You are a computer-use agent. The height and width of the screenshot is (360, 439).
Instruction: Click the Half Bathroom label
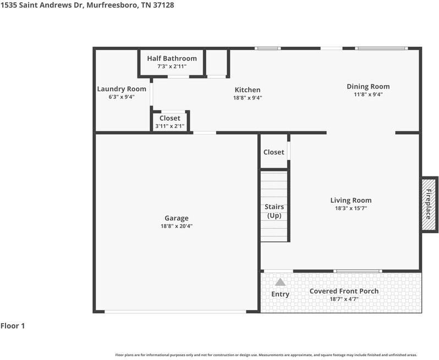pos(172,58)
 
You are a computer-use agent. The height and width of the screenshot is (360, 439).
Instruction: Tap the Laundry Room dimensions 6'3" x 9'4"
pos(122,97)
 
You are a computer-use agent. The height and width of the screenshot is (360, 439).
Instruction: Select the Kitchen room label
pos(248,90)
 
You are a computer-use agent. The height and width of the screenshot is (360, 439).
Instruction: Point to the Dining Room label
pos(368,86)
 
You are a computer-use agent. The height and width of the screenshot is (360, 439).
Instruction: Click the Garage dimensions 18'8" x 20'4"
pos(177,226)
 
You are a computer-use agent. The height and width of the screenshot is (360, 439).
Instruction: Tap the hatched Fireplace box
pos(429,204)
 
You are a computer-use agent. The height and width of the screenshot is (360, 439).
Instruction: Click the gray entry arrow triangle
pos(280,282)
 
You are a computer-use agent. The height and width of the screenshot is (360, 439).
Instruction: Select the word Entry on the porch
pos(280,294)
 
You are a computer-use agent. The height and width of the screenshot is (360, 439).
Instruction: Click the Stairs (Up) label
pos(274,211)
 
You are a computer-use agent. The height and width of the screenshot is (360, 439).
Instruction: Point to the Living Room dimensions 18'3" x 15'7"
pos(351,208)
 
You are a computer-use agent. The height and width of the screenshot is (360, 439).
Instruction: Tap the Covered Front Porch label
pos(344,291)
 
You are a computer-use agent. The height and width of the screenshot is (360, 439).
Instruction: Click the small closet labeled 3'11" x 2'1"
pos(170,121)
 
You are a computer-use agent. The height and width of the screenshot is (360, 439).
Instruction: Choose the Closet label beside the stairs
pos(274,152)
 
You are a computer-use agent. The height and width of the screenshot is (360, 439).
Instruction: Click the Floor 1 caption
pos(13,326)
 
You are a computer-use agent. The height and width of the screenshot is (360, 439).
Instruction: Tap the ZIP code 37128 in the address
pos(163,5)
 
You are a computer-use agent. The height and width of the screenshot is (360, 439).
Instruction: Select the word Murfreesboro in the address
pos(112,5)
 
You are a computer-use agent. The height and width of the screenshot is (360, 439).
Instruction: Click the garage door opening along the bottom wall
pos(175,312)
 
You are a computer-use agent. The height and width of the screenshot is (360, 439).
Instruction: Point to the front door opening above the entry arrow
pos(278,271)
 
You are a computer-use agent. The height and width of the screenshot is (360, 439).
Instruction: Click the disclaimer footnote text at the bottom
pos(266,355)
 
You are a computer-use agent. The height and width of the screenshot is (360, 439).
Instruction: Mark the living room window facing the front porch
pos(358,271)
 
